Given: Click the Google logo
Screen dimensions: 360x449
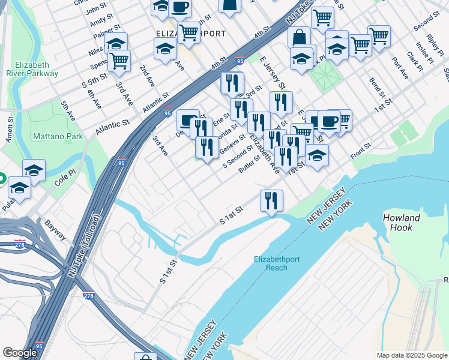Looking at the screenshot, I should (20, 352).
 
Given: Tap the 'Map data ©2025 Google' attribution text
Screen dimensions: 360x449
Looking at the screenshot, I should (412, 355).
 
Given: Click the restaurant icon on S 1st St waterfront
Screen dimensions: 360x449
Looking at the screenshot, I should (271, 200).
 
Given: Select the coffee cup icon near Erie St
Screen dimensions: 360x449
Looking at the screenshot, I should (188, 119).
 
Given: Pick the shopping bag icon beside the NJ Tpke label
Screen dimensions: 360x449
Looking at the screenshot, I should (299, 38).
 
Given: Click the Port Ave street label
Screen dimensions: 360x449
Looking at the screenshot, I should (399, 68).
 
